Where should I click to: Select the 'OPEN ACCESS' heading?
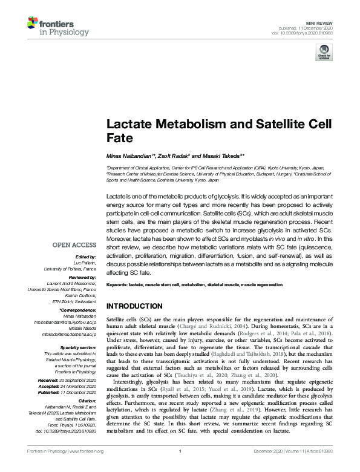point(74,245)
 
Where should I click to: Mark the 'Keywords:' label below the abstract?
point(117,284)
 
